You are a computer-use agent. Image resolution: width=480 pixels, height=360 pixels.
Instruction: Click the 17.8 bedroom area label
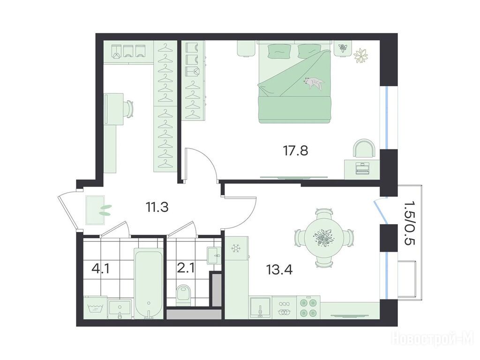coord(295,150)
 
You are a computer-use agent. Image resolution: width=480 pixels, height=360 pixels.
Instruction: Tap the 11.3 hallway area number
coord(157,207)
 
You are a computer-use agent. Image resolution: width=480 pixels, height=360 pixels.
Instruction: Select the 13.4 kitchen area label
coord(279,270)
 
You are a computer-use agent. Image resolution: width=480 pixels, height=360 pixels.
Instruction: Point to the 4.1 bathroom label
coord(100,270)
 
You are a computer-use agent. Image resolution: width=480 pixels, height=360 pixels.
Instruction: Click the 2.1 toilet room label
coord(186,270)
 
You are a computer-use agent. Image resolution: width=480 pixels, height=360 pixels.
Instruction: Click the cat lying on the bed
coord(314,82)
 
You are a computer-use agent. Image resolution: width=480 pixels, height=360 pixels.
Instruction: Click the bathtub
coord(149,283)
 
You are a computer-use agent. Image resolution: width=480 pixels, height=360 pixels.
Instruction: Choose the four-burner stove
coord(308,307)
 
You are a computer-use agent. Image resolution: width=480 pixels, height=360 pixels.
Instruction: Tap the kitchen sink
coord(260,307)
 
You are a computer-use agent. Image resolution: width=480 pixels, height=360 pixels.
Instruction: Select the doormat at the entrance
coord(95,210)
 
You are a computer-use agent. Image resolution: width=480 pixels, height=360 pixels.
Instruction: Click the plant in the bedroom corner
coord(361,55)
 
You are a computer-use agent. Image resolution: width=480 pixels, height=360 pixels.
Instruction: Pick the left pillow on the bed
coord(278,52)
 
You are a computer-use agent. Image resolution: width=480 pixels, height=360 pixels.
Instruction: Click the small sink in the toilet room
coord(214,255)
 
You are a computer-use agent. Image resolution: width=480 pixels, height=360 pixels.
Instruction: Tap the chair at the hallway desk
coord(129,109)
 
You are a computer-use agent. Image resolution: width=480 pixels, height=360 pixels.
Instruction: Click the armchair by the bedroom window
coord(364,149)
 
